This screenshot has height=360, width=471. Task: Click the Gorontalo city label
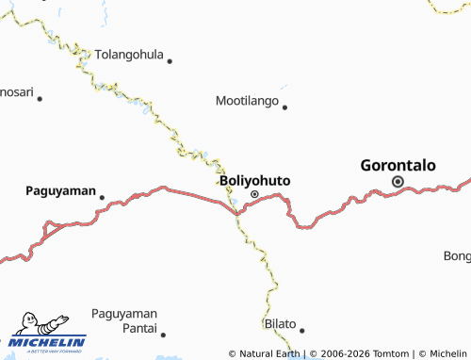coord(398,165)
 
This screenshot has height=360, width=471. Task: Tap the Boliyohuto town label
coord(254,180)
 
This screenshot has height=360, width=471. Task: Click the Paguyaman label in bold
coord(60,190)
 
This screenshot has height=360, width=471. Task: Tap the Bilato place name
coord(279,323)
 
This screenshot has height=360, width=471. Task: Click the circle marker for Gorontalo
coord(398,182)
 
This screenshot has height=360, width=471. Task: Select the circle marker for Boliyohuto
coord(254,194)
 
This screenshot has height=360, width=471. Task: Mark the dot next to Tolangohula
coord(170,61)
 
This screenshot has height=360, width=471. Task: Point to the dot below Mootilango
coord(284,106)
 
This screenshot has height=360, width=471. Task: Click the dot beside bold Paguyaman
coord(102,197)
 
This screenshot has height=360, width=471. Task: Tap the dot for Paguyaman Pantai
coord(163,334)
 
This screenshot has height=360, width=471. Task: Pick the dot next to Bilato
coord(302,330)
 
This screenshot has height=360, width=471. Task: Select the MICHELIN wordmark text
coord(50,342)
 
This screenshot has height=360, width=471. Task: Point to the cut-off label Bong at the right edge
coord(457,256)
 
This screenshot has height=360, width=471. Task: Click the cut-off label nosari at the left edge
coord(16,93)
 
